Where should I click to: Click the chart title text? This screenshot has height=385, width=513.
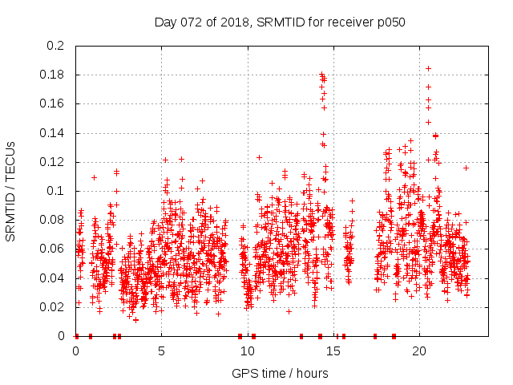280,22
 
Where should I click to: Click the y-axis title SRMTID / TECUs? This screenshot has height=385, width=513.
10,192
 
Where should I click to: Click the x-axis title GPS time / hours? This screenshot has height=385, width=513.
280,373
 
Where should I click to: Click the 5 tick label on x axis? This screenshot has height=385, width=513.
161,351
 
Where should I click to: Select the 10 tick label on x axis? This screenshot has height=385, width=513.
247,351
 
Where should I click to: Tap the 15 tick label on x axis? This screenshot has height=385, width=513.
333,351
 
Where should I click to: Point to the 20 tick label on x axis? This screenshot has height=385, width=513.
418,351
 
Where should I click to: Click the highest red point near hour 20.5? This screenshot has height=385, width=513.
428,69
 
